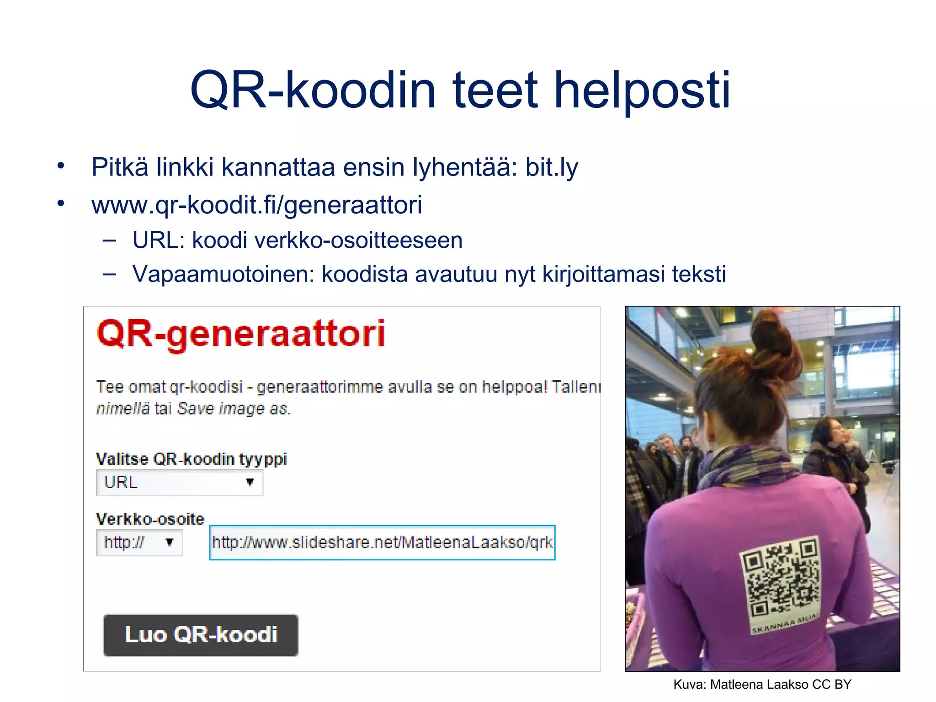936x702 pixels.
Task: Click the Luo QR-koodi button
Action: (x=201, y=635)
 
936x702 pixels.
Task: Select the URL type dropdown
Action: (x=179, y=483)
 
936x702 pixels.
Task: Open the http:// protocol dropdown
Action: (x=139, y=542)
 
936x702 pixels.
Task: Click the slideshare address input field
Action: (x=382, y=542)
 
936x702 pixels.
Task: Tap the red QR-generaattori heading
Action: (x=241, y=334)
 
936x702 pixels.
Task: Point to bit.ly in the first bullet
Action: (x=551, y=167)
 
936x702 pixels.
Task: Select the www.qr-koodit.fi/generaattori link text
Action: (x=256, y=205)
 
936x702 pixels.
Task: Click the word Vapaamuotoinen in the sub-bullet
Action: (x=223, y=274)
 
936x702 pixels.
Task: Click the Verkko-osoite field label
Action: (x=150, y=519)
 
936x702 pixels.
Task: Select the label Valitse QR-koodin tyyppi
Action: (x=191, y=459)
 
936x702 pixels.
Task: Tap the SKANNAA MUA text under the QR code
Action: (x=784, y=623)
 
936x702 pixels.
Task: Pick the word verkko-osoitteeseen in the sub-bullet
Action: (x=327, y=240)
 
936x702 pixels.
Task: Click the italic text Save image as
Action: (x=233, y=408)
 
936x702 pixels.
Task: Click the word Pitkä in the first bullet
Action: (x=120, y=167)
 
